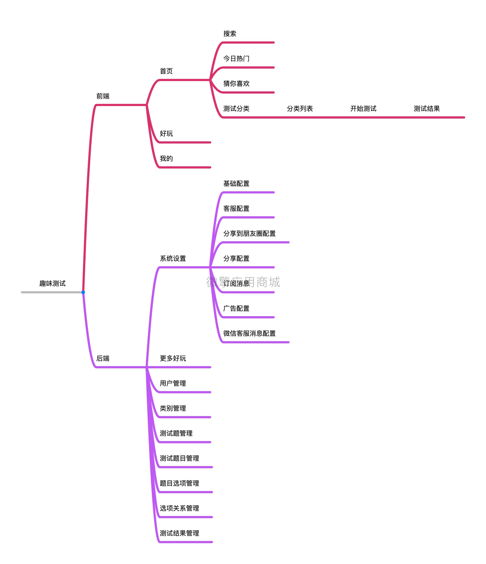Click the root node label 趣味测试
[52, 283]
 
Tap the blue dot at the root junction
[83, 292]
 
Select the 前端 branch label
[103, 96]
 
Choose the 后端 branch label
[103, 358]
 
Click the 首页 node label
[166, 71]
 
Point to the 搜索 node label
[230, 34]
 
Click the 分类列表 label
[300, 109]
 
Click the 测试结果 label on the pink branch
[426, 109]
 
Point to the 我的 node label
[166, 158]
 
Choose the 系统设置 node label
[173, 259]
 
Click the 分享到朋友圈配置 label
[249, 234]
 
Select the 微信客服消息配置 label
[249, 333]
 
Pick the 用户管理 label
[173, 383]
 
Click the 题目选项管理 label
[179, 483]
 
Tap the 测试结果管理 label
[179, 533]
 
